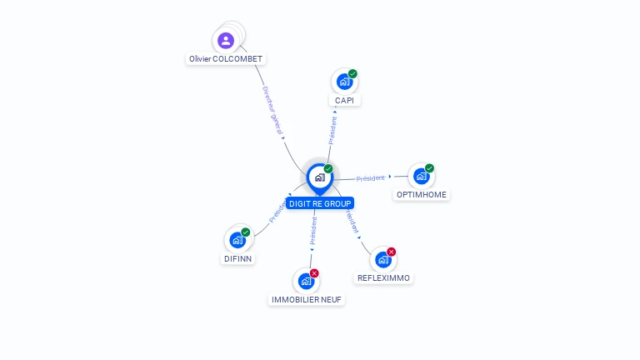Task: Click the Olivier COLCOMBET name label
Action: tap(226, 59)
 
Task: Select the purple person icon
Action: tap(226, 40)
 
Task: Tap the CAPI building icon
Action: tap(343, 82)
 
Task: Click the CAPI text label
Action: tap(344, 100)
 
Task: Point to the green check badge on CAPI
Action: tap(353, 74)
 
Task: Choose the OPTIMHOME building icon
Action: tap(421, 176)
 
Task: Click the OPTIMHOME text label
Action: tap(422, 194)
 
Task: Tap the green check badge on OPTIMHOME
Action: tap(430, 168)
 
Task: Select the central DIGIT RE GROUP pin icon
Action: tap(319, 177)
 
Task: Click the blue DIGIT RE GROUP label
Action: tap(320, 203)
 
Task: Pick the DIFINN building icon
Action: tap(237, 240)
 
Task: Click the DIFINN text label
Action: tap(237, 258)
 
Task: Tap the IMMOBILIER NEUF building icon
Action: tap(306, 281)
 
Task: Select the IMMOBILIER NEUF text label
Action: tap(307, 299)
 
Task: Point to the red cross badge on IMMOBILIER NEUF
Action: tap(314, 273)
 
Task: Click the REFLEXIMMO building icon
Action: tap(382, 259)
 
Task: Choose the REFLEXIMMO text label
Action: tap(383, 277)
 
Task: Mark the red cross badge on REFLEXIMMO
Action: tap(392, 252)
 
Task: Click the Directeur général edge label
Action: tap(273, 112)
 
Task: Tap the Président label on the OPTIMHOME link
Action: tap(371, 178)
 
